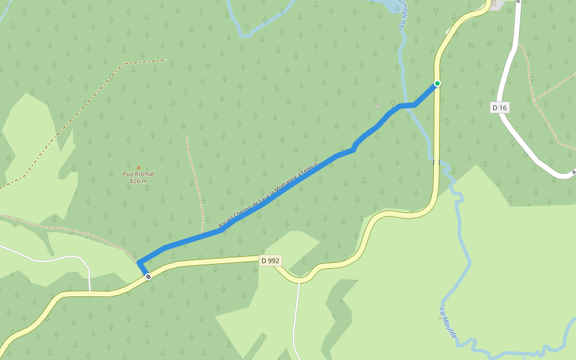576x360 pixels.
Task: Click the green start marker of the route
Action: [x=437, y=83]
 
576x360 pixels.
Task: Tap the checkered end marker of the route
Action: [x=148, y=276]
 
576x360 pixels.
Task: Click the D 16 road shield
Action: [x=499, y=107]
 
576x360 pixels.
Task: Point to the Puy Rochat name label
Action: [x=139, y=174]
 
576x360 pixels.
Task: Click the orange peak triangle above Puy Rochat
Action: [x=139, y=167]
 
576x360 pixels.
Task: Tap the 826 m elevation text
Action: [x=139, y=181]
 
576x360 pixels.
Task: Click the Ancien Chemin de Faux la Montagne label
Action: [x=268, y=198]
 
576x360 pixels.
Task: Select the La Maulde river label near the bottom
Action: [x=448, y=324]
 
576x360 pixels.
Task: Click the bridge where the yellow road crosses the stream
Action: [x=437, y=162]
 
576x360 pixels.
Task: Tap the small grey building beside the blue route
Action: [x=377, y=107]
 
